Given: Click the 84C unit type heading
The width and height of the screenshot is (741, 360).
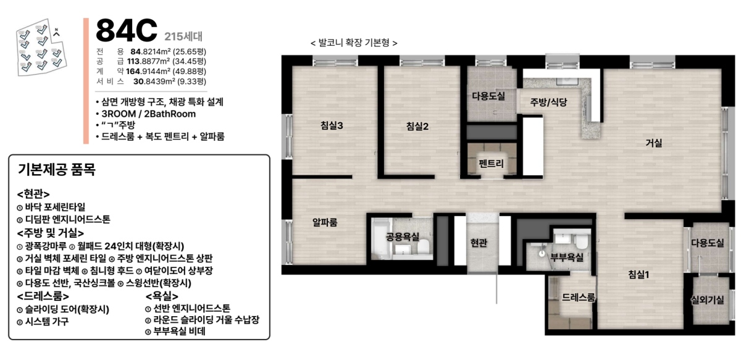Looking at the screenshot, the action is (x=127, y=30).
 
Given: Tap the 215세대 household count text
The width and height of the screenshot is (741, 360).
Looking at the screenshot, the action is (x=183, y=36).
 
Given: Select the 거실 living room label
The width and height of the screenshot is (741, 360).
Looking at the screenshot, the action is (x=654, y=143).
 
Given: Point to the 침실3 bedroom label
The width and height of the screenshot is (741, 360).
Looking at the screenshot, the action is (x=332, y=125).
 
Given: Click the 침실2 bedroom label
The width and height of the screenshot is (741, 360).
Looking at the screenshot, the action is (x=417, y=126).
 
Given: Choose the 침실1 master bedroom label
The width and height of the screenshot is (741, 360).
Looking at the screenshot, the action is (x=638, y=274).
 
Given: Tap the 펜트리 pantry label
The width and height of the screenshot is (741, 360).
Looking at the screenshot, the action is (x=492, y=163).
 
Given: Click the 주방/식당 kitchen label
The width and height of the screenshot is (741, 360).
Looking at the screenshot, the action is (x=548, y=102).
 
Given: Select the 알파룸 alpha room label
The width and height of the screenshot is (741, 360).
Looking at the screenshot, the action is (x=325, y=222).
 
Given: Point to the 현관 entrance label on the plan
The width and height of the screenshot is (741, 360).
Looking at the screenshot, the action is (x=479, y=243).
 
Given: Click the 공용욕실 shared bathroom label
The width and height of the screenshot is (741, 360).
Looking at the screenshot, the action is (x=403, y=237).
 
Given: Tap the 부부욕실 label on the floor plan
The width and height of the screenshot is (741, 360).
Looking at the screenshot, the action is (x=567, y=257).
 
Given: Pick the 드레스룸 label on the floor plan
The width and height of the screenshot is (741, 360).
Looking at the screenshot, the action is (x=578, y=297).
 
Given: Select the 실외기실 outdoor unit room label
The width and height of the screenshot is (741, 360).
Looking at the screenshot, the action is (x=707, y=300).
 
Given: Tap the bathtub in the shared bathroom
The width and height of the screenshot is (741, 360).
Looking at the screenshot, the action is (x=381, y=238).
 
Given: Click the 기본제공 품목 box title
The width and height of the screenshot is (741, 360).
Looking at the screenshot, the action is (x=57, y=169).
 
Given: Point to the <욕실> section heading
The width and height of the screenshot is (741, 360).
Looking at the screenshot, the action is (x=162, y=296).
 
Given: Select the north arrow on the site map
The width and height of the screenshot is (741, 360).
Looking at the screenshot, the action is (x=57, y=33).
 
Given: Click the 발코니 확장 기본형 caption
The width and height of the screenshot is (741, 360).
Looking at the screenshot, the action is (x=354, y=43).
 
